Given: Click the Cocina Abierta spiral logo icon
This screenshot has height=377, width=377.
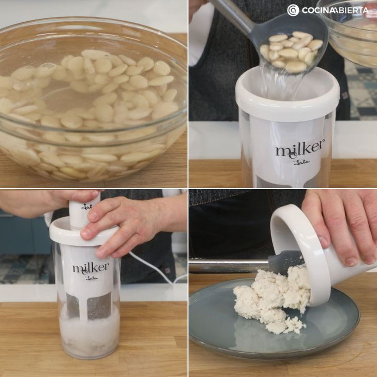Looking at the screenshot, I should tap(293, 10).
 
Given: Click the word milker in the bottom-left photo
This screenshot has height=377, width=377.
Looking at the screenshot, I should tap(91, 267).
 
